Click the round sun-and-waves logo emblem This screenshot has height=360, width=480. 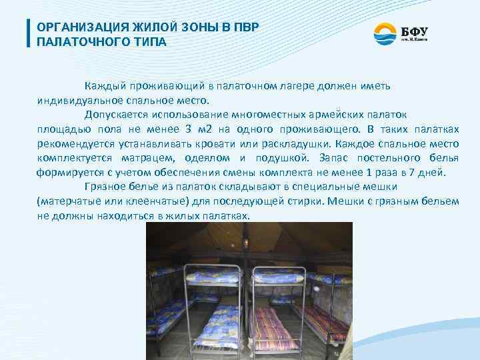(x=385, y=33)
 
